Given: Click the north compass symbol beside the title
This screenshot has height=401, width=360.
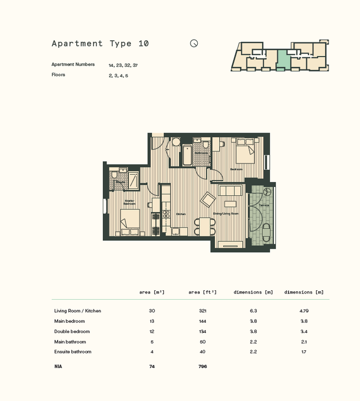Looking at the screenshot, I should pyautogui.click(x=194, y=44).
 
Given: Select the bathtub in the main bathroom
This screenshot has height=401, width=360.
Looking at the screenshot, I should pyautogui.click(x=187, y=156).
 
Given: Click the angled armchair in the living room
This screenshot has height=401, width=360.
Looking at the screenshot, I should pyautogui.click(x=208, y=199).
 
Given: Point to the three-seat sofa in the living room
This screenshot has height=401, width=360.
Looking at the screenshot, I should pyautogui.click(x=230, y=191).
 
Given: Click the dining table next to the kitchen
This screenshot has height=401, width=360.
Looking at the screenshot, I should pyautogui.click(x=205, y=226).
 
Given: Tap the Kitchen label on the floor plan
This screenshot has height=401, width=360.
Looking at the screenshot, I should pyautogui.click(x=181, y=214).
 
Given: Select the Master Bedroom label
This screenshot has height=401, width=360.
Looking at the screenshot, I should pyautogui.click(x=129, y=202).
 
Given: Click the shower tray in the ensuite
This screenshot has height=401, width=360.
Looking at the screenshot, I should pyautogui.click(x=133, y=179).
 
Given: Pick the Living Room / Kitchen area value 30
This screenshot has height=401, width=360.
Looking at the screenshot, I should pyautogui.click(x=152, y=311).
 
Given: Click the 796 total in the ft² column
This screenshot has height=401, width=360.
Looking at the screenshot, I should pyautogui.click(x=202, y=367).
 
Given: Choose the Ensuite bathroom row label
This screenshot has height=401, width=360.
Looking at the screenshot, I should pyautogui.click(x=73, y=352).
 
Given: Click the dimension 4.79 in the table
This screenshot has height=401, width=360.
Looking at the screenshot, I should pyautogui.click(x=304, y=311).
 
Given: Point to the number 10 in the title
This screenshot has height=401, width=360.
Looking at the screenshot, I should pyautogui.click(x=143, y=44).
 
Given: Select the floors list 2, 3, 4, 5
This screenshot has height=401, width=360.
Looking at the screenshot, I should pyautogui.click(x=118, y=76).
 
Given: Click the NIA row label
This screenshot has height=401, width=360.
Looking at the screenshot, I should pyautogui.click(x=58, y=367).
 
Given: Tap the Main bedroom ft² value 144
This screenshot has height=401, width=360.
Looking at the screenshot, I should pyautogui.click(x=202, y=321).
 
